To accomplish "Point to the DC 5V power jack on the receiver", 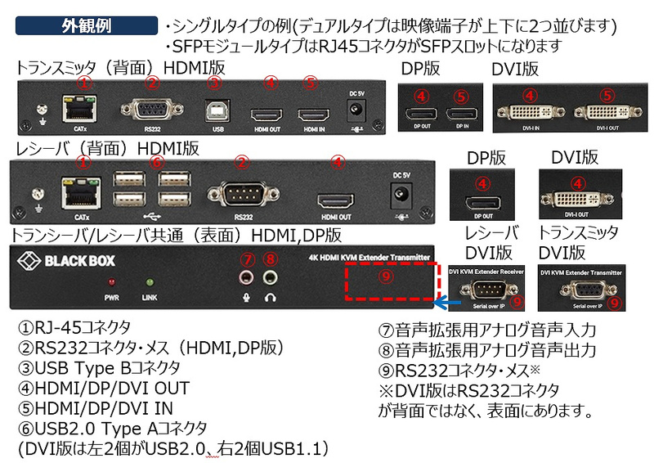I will (x=401, y=194).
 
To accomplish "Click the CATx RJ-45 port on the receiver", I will (x=81, y=196).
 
